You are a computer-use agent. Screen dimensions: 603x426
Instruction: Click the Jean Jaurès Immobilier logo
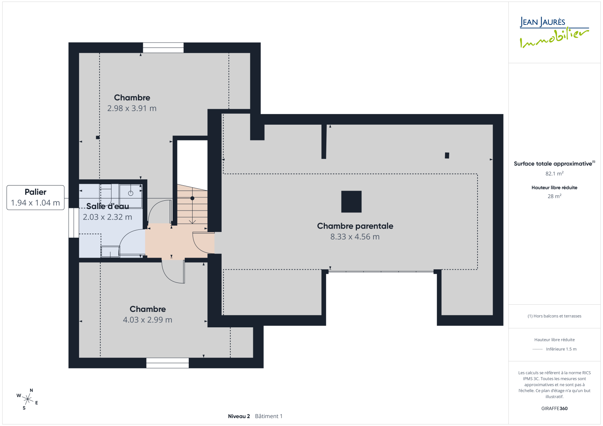[x=554, y=32]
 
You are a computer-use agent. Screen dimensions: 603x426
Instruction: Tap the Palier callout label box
[x=35, y=197]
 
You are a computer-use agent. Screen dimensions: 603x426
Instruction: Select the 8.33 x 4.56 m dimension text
[x=355, y=237]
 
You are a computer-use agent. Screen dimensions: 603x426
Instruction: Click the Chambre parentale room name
[x=355, y=226]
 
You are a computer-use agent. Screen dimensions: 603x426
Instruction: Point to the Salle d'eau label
[x=107, y=206]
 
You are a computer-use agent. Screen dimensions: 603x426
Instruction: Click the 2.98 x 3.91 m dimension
[x=132, y=108]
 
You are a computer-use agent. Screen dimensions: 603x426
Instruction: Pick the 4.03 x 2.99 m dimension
[x=147, y=320]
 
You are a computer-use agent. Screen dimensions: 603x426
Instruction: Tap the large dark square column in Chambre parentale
[x=351, y=202]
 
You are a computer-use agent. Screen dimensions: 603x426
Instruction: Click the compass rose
[x=28, y=399]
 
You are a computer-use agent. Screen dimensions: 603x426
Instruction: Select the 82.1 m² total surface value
[x=554, y=174]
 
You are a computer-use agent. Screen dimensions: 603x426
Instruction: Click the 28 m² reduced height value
[x=554, y=196]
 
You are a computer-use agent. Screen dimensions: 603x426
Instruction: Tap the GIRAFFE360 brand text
[x=554, y=408]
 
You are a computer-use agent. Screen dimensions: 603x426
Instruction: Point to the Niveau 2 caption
[x=239, y=416]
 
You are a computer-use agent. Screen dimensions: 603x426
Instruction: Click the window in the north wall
[x=163, y=47]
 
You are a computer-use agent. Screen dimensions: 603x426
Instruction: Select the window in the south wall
[x=167, y=363]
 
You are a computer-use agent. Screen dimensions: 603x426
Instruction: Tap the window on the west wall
[x=73, y=223]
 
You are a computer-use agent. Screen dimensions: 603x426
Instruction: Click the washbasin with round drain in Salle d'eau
[x=130, y=196]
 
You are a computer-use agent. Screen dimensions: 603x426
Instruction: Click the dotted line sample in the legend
[x=537, y=349]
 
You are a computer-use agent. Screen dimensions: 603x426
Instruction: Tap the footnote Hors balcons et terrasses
[x=554, y=316]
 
